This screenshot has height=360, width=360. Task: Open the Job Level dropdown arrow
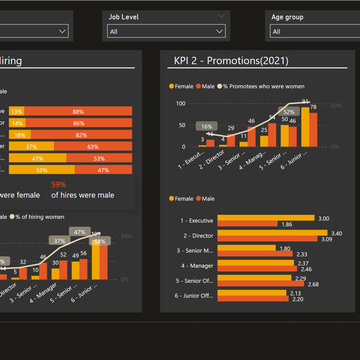tap(219, 31)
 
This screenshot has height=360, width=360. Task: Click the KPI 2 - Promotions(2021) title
tap(231, 61)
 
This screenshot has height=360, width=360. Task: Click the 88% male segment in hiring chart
tap(77, 111)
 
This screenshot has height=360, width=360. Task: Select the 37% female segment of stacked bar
tap(31, 146)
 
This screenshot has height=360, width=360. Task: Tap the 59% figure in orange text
tap(58, 184)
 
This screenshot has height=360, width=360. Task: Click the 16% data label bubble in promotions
tap(206, 126)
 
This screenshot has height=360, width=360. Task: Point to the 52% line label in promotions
tap(289, 112)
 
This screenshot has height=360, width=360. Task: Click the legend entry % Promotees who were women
tap(263, 86)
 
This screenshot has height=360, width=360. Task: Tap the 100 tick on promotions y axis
tap(180, 103)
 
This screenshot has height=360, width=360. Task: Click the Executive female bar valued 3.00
tap(265, 218)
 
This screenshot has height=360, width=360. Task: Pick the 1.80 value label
tap(285, 248)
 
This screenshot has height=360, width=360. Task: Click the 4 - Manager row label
tap(197, 266)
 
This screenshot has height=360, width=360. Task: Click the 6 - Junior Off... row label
tap(194, 296)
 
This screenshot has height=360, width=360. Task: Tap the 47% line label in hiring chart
tap(79, 232)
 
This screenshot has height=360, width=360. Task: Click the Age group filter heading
tap(287, 17)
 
